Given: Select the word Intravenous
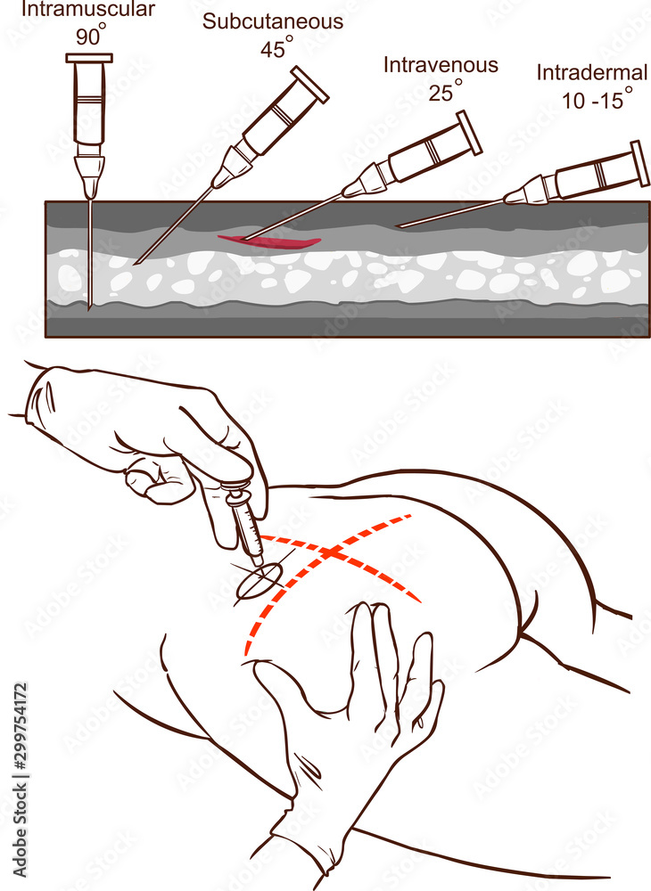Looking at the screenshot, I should [x=441, y=65].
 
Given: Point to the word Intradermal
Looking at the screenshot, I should [x=592, y=73].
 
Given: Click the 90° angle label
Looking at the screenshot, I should [x=88, y=38].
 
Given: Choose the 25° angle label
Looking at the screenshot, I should [x=444, y=91].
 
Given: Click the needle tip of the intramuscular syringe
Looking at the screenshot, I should [x=90, y=308].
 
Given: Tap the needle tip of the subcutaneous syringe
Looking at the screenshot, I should [x=136, y=264].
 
